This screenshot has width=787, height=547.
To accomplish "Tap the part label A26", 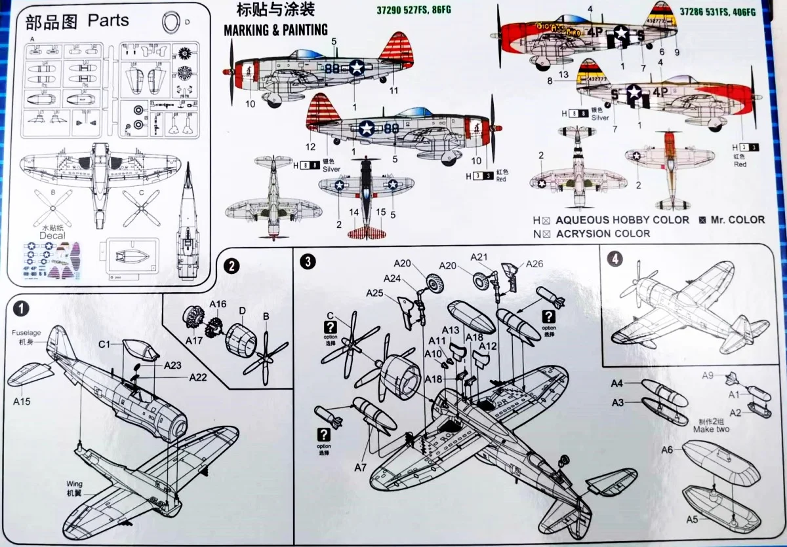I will click(535, 265).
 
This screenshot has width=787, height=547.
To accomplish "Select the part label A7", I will click(360, 467).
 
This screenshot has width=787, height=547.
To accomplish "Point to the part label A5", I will click(692, 519).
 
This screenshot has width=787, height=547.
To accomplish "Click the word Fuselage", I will click(26, 333).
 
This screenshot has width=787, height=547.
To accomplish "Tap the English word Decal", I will click(53, 235).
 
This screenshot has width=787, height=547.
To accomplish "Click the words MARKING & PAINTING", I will click(275, 29).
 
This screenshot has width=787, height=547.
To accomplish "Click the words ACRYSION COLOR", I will click(603, 233).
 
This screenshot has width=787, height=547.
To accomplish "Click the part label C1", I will click(106, 343).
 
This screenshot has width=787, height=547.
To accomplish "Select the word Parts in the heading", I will click(108, 20).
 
